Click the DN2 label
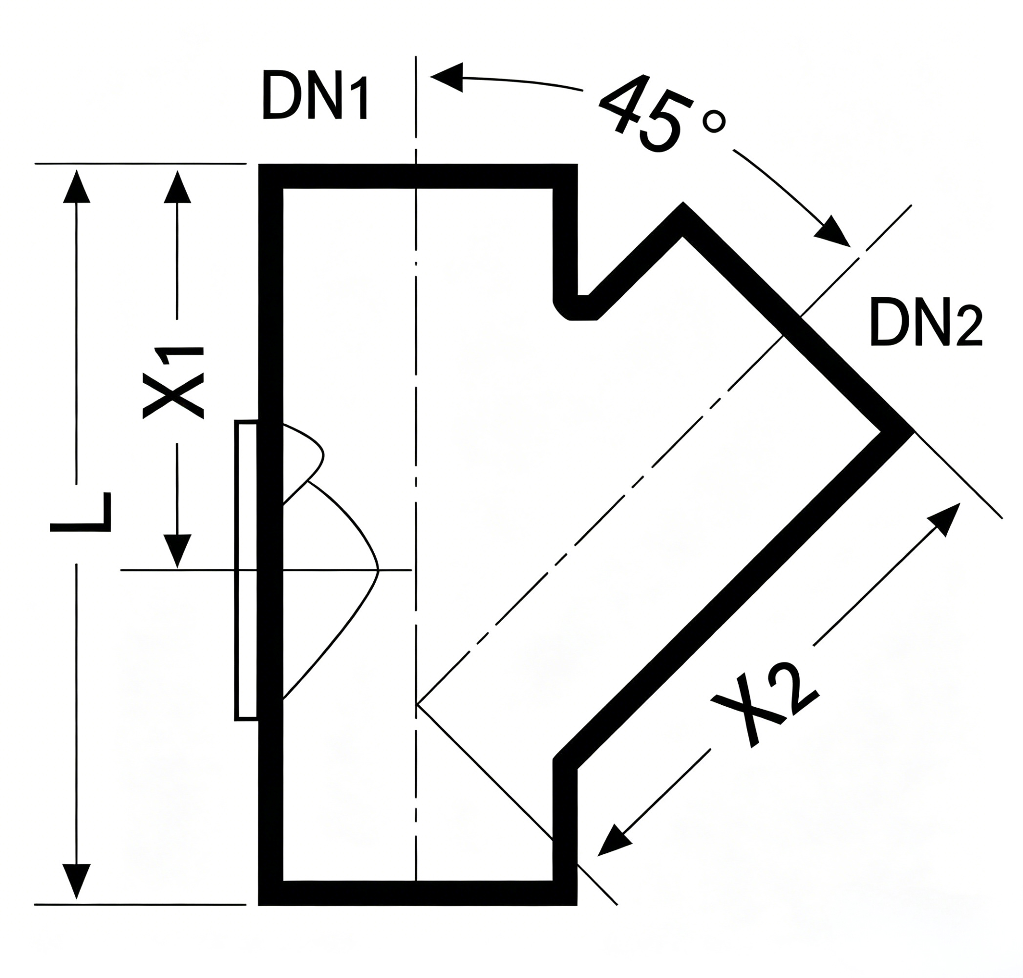(x=926, y=323)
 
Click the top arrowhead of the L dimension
(x=77, y=186)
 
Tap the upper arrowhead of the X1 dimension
(x=177, y=186)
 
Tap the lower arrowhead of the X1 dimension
(x=177, y=550)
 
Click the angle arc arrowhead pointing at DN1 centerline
(x=447, y=77)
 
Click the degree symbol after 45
(x=714, y=123)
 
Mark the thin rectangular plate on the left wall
(x=246, y=570)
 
